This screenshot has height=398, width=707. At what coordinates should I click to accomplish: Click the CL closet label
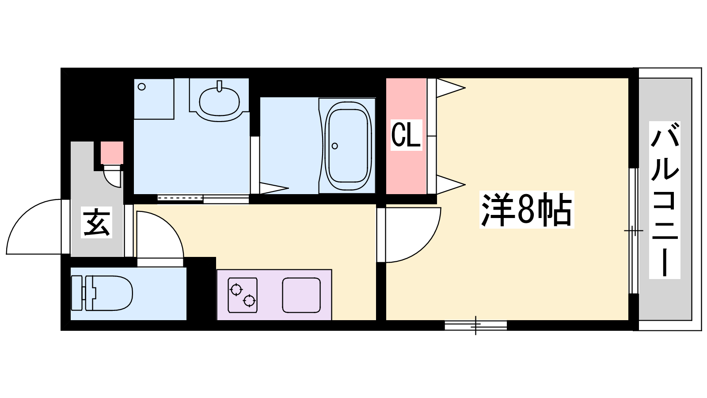pos(406,135)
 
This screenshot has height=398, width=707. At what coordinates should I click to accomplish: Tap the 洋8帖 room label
pos(526,210)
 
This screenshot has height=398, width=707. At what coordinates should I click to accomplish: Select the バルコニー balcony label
pos(665,200)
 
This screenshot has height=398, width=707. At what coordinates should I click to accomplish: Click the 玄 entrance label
pos(97,222)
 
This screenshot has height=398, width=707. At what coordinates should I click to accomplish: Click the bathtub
pos(347,145)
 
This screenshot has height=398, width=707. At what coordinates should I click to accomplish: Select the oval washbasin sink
pos(219,101)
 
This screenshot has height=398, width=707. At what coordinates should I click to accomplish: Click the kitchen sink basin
pos(301,295)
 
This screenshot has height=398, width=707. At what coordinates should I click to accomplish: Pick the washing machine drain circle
pos(142,87)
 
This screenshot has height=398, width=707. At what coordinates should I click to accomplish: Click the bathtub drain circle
pos(334,146)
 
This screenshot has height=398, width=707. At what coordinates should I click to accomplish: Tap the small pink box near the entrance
pos(112,153)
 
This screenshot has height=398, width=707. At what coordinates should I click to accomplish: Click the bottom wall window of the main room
pos(475,325)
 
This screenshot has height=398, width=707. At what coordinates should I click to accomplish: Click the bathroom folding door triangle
pos(274,188)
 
